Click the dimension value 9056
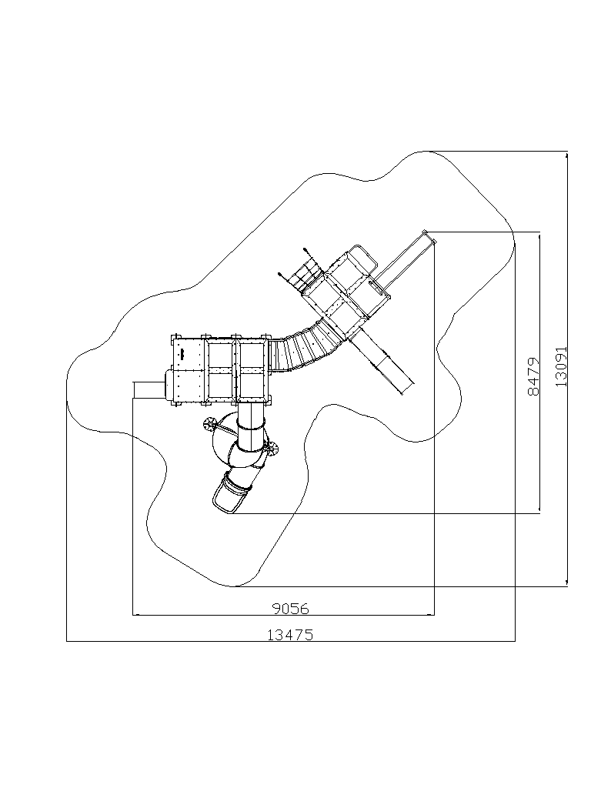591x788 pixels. (x=290, y=609)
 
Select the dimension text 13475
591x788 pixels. (x=290, y=635)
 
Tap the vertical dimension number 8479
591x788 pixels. (x=534, y=376)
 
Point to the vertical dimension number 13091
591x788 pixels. (x=561, y=366)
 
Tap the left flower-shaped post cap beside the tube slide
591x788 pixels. (x=209, y=425)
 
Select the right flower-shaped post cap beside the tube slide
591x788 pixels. (x=273, y=449)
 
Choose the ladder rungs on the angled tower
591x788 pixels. (x=306, y=276)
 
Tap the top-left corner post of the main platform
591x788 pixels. (x=175, y=337)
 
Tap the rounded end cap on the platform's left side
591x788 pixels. (x=169, y=385)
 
